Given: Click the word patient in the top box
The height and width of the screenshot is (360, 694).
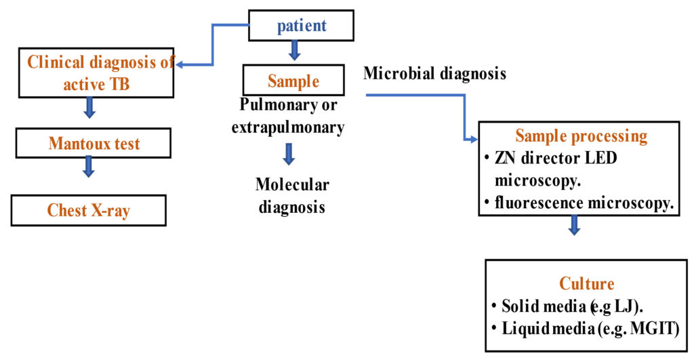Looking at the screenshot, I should (x=302, y=26).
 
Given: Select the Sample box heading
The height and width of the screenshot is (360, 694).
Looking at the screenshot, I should (x=293, y=81).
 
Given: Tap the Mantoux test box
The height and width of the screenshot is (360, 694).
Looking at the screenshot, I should (x=94, y=144).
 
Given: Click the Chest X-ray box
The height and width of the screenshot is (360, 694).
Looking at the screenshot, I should (x=88, y=210).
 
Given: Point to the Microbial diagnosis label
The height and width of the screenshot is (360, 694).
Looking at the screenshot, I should (x=434, y=73).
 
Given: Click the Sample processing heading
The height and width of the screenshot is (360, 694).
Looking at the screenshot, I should (x=581, y=136).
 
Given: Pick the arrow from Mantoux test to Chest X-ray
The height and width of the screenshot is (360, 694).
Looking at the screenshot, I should (x=88, y=167).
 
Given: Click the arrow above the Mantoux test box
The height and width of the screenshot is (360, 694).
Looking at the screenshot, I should (x=88, y=107).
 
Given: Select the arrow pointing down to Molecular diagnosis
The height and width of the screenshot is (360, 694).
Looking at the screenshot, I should (x=289, y=154).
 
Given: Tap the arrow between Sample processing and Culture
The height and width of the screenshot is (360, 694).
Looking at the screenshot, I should (x=574, y=226).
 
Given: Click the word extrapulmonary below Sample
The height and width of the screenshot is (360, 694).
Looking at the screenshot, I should (x=288, y=127).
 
